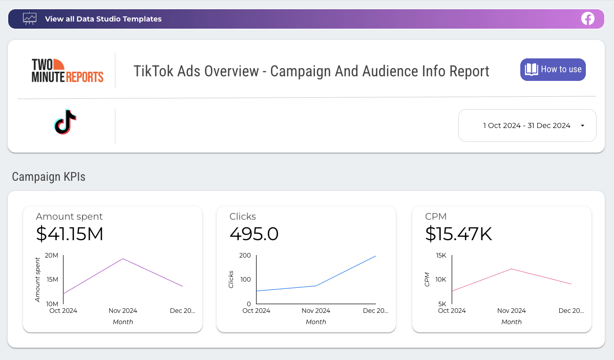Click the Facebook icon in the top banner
point(587,19)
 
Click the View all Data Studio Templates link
point(103,19)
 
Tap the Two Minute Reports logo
point(68,71)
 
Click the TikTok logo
point(65,122)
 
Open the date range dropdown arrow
point(582,125)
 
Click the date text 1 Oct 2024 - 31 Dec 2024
point(526,125)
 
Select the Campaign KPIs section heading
point(49,177)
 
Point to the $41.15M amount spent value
point(70,234)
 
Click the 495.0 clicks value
point(254,234)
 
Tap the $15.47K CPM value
point(458,234)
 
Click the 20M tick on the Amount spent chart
point(52,256)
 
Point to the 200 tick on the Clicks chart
point(245,256)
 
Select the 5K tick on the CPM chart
point(442,304)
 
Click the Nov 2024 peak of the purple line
point(123,259)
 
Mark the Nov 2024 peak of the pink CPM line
point(512,269)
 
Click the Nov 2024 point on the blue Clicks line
point(316,286)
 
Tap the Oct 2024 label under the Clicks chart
point(256,311)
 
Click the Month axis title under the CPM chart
point(512,322)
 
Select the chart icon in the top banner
point(30,19)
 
